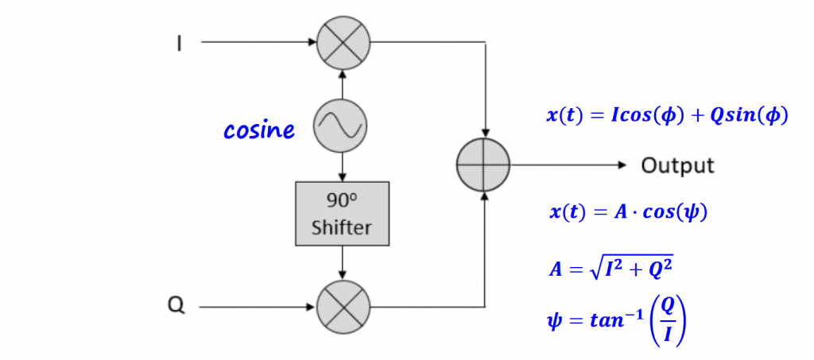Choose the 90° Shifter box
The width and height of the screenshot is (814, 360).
tap(341, 213)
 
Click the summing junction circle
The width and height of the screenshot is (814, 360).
tap(483, 165)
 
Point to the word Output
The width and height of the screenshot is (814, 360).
tap(677, 166)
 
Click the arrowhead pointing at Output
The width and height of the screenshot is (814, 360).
tap(622, 165)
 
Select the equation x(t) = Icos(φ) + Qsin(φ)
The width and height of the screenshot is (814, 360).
tap(666, 116)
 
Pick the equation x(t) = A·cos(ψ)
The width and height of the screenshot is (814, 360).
tap(627, 213)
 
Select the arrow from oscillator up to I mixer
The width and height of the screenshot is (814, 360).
tap(341, 84)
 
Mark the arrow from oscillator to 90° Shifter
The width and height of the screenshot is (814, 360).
tap(341, 167)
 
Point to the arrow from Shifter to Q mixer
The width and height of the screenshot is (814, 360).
tap(341, 263)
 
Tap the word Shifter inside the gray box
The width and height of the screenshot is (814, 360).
tap(341, 228)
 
